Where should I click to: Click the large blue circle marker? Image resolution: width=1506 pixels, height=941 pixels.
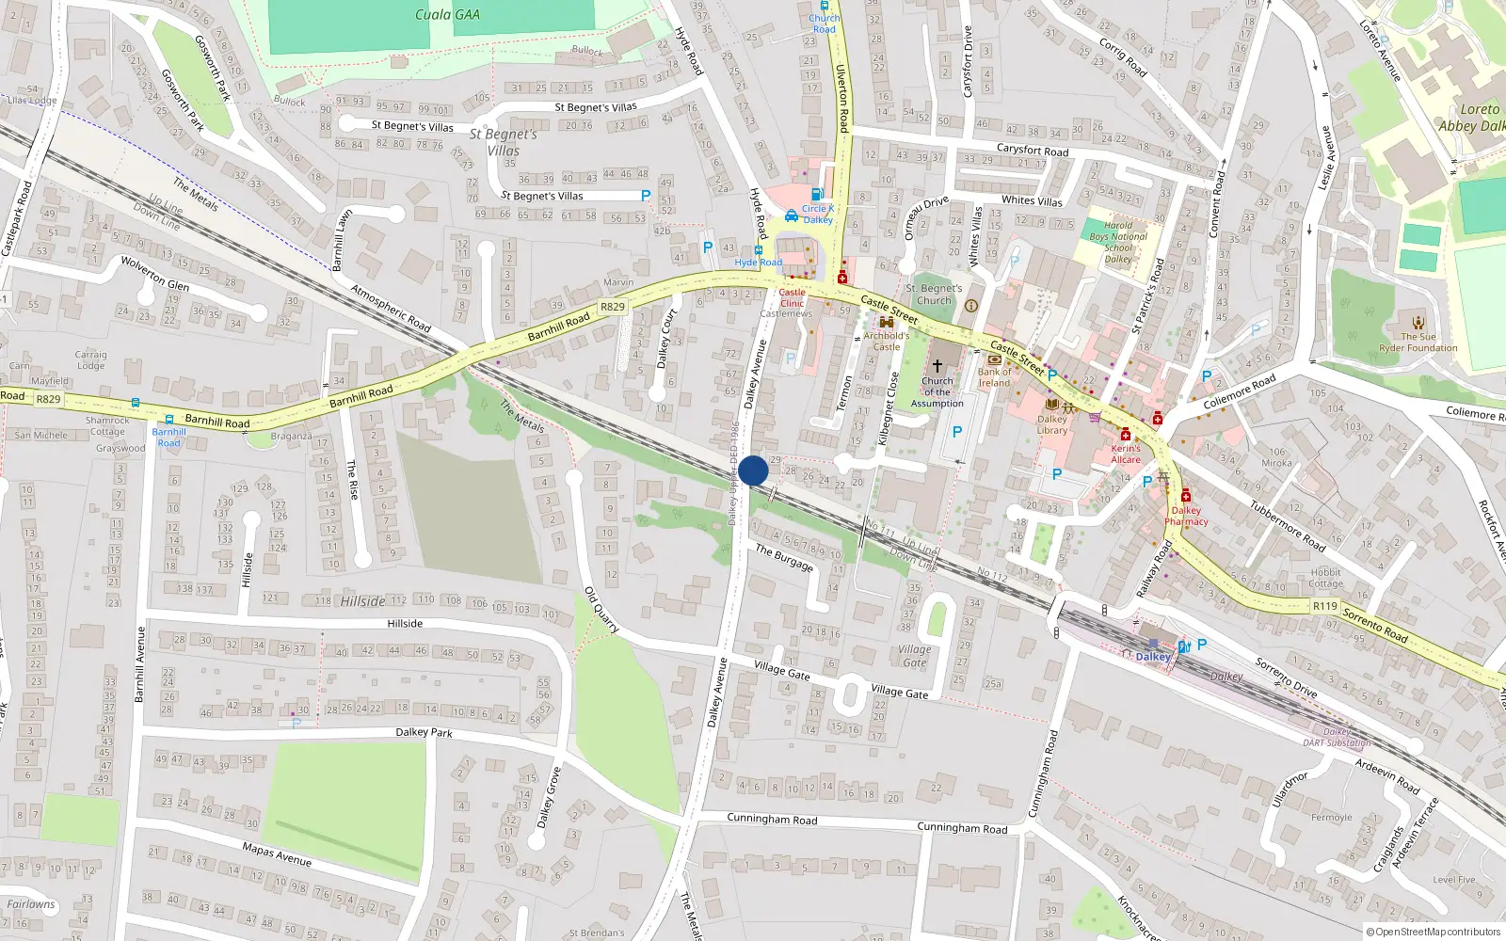point(753,470)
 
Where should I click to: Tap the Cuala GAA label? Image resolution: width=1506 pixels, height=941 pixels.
point(447,14)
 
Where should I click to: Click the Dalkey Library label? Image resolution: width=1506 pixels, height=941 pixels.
point(1052,424)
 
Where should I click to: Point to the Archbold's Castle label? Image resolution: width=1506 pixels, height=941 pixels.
point(887,341)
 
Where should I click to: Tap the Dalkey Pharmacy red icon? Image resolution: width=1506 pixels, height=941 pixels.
point(1186,496)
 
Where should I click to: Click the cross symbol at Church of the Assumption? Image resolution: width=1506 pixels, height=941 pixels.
point(937,366)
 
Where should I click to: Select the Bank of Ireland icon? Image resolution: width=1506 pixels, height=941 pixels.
point(994,359)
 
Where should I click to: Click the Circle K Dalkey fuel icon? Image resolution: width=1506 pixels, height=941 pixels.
point(817,194)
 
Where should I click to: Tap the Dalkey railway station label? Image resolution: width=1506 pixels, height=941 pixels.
point(1152,657)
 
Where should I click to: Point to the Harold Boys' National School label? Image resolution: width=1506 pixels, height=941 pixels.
point(1118,242)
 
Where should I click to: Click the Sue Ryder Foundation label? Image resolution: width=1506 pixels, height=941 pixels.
point(1418,342)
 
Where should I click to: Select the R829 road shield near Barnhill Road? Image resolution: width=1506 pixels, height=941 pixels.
point(612,307)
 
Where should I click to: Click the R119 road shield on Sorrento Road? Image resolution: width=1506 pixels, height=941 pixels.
point(1325,606)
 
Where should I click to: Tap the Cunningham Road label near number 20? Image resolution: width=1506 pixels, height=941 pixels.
point(962,828)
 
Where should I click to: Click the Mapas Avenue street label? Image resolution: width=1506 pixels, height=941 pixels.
point(277,854)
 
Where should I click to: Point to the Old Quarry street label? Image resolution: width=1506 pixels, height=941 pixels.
point(601,610)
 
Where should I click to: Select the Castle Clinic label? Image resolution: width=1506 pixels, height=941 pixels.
point(792,297)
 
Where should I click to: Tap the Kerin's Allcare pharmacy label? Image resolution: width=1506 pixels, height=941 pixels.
point(1126,454)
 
